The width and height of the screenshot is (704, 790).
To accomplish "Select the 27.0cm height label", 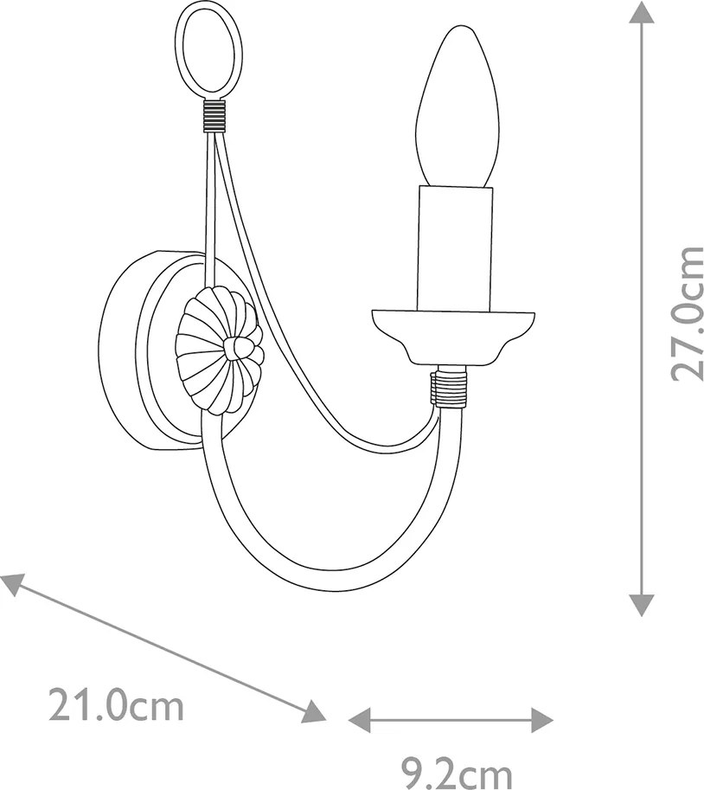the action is click(x=687, y=314).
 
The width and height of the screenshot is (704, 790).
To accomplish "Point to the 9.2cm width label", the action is click(x=457, y=772).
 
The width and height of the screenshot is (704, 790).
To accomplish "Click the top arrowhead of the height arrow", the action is click(x=641, y=11).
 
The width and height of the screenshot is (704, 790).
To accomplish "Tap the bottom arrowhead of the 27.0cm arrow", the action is click(x=642, y=605).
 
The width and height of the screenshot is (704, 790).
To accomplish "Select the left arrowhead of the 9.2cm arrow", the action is click(x=360, y=719).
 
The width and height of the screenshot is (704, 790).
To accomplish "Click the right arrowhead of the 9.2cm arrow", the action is click(x=542, y=719).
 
